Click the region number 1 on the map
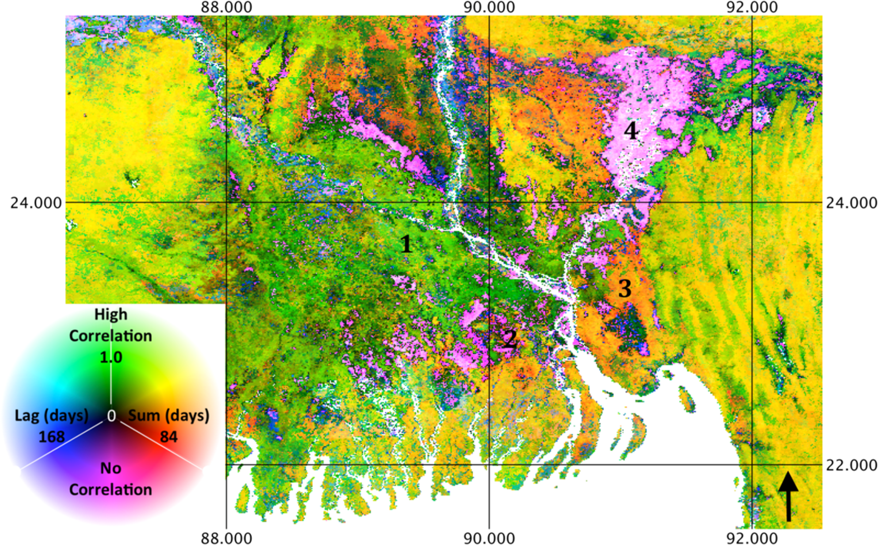click(x=406, y=245)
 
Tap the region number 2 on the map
click(x=509, y=340)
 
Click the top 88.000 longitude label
click(x=227, y=7)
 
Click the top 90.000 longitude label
click(x=489, y=7)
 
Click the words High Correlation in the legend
click(x=110, y=325)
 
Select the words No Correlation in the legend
click(x=110, y=479)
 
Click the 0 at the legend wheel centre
click(x=111, y=416)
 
